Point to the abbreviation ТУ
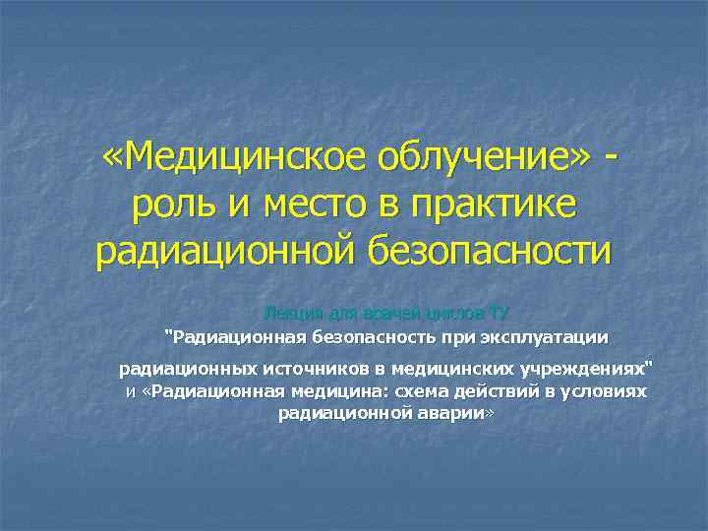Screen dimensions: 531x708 (499, 314)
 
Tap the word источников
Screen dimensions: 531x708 (322, 370)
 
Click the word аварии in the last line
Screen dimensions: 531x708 (455, 414)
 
